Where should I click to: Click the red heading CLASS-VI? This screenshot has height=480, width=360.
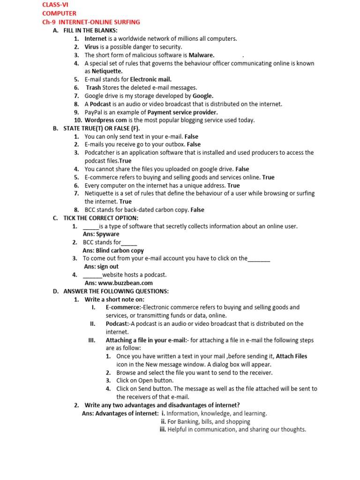pos(55,5)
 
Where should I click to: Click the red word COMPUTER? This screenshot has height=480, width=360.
pos(60,14)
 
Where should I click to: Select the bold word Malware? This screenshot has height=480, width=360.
pos(202,55)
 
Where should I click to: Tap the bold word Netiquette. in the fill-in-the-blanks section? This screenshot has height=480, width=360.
pos(100,71)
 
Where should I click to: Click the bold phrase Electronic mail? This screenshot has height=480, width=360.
pos(150,79)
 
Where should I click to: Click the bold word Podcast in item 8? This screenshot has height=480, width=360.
pos(100,104)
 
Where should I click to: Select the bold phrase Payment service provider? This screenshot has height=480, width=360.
pos(182,112)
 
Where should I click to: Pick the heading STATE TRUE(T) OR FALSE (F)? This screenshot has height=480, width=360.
pos(102,128)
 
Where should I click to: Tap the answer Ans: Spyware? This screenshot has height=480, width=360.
pos(101,234)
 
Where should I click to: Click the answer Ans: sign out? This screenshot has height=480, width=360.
pos(101,267)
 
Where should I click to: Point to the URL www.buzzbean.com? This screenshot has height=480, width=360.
pos(125,283)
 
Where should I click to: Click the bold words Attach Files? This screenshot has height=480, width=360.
pos(292,356)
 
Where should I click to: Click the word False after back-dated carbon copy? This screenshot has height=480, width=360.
pos(197,210)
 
